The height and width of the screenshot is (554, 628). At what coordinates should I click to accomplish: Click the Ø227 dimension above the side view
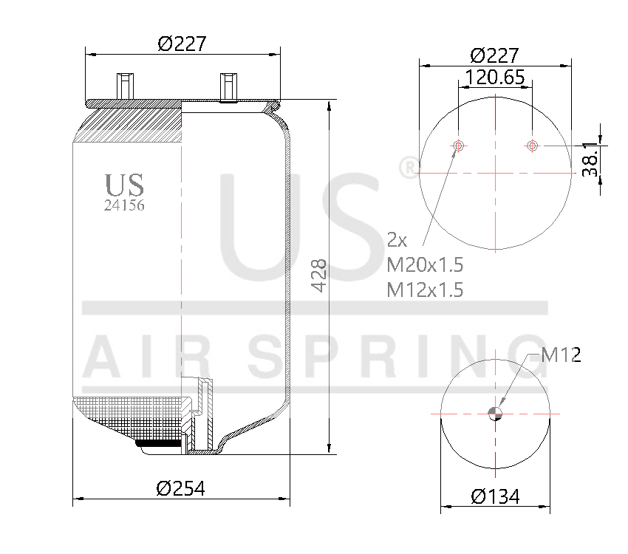coord(181,44)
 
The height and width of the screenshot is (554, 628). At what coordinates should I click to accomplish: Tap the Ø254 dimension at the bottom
coord(180,488)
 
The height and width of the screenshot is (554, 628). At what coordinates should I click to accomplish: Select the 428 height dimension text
coord(318,276)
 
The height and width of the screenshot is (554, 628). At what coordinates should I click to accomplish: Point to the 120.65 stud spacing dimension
coord(494,77)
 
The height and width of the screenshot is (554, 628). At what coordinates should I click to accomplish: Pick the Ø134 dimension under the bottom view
coord(496,496)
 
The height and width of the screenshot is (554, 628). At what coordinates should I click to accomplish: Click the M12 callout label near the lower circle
coord(561,355)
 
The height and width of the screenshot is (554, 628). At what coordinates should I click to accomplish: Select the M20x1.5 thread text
coord(425,264)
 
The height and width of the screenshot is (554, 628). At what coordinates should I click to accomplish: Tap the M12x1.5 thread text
coord(425,290)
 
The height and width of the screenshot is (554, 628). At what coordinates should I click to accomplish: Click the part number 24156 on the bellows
coord(124,206)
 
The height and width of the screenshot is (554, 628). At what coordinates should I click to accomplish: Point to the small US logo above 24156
coord(124,185)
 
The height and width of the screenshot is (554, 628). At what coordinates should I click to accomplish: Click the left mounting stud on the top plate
coord(123,84)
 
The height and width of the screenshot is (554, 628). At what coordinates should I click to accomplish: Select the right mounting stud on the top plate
coord(228,86)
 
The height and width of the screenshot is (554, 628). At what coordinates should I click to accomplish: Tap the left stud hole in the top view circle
coord(459,146)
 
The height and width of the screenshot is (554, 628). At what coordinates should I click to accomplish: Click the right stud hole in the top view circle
coord(532,146)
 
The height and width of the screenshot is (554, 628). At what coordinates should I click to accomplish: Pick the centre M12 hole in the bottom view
coord(496,414)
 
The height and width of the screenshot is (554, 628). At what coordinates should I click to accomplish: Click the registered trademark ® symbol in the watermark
coord(407,168)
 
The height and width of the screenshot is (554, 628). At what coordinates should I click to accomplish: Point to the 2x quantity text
coord(397,239)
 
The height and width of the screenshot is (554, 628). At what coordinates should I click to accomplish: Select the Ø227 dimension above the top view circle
coord(494,55)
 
